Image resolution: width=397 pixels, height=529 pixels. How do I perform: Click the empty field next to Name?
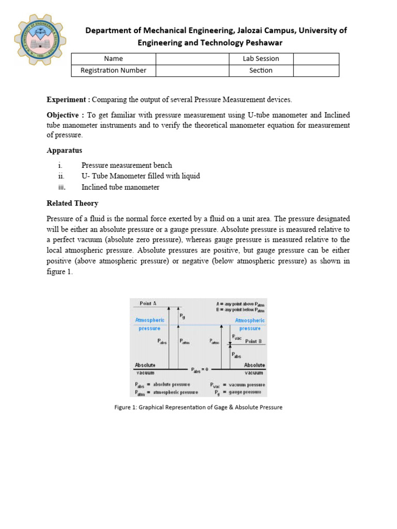pos(192,59)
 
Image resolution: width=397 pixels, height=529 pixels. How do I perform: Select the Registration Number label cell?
pos(113,71)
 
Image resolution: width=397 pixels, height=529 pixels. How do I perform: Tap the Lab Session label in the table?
pos(261,59)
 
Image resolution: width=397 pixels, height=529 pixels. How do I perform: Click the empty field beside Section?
pos(316,71)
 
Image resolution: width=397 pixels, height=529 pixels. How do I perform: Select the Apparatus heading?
pos(64,150)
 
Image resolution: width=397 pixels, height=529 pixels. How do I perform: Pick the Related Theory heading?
pos(72,203)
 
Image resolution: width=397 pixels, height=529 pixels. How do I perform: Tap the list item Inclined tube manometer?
pos(120,187)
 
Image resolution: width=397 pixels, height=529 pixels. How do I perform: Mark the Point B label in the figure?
pos(253,341)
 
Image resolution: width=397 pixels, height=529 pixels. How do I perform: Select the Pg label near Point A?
pos(182,316)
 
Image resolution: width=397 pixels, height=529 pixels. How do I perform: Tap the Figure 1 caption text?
pos(198,407)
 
